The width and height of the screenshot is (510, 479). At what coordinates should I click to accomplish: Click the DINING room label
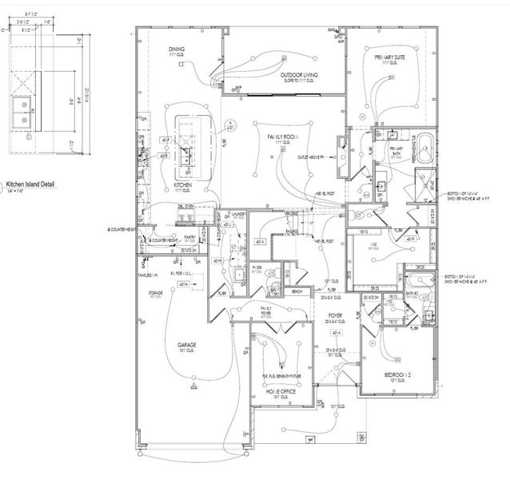click(177, 49)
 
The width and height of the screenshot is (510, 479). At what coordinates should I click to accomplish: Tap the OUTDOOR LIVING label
click(300, 75)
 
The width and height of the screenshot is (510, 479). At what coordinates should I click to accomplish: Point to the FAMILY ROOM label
click(283, 137)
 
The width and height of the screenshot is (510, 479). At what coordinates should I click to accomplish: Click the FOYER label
click(336, 316)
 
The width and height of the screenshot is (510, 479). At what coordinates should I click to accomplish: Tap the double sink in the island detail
click(24, 113)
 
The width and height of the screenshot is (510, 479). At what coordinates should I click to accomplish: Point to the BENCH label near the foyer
click(297, 292)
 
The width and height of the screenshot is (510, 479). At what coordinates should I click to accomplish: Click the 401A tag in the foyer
click(337, 332)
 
